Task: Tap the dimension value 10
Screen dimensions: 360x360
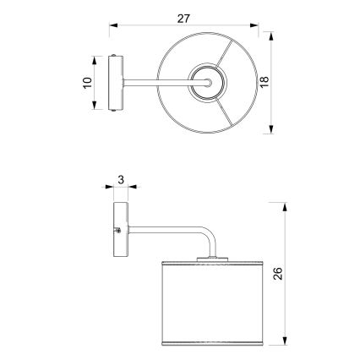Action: (88, 83)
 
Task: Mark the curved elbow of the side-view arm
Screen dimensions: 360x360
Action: (206, 235)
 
